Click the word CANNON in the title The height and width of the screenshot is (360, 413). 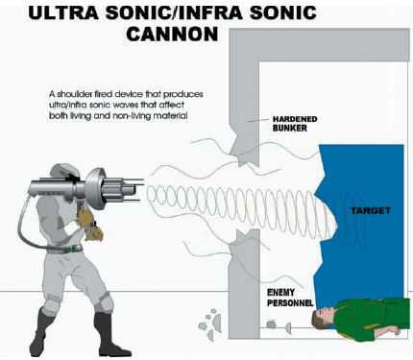click(172, 34)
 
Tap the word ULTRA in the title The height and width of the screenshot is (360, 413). click(63, 12)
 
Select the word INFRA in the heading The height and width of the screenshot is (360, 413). click(209, 12)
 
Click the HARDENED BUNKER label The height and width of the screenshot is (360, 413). click(295, 124)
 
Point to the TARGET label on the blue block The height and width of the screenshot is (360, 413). click(370, 210)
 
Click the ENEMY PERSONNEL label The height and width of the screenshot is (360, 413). click(290, 298)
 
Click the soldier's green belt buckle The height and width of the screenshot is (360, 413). click(74, 249)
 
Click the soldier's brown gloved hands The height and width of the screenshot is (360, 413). click(89, 224)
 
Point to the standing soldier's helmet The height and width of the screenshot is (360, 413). click(63, 172)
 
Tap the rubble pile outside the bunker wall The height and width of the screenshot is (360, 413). click(210, 324)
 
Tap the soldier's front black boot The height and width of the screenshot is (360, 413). click(109, 336)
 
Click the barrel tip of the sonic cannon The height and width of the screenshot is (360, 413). click(141, 190)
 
